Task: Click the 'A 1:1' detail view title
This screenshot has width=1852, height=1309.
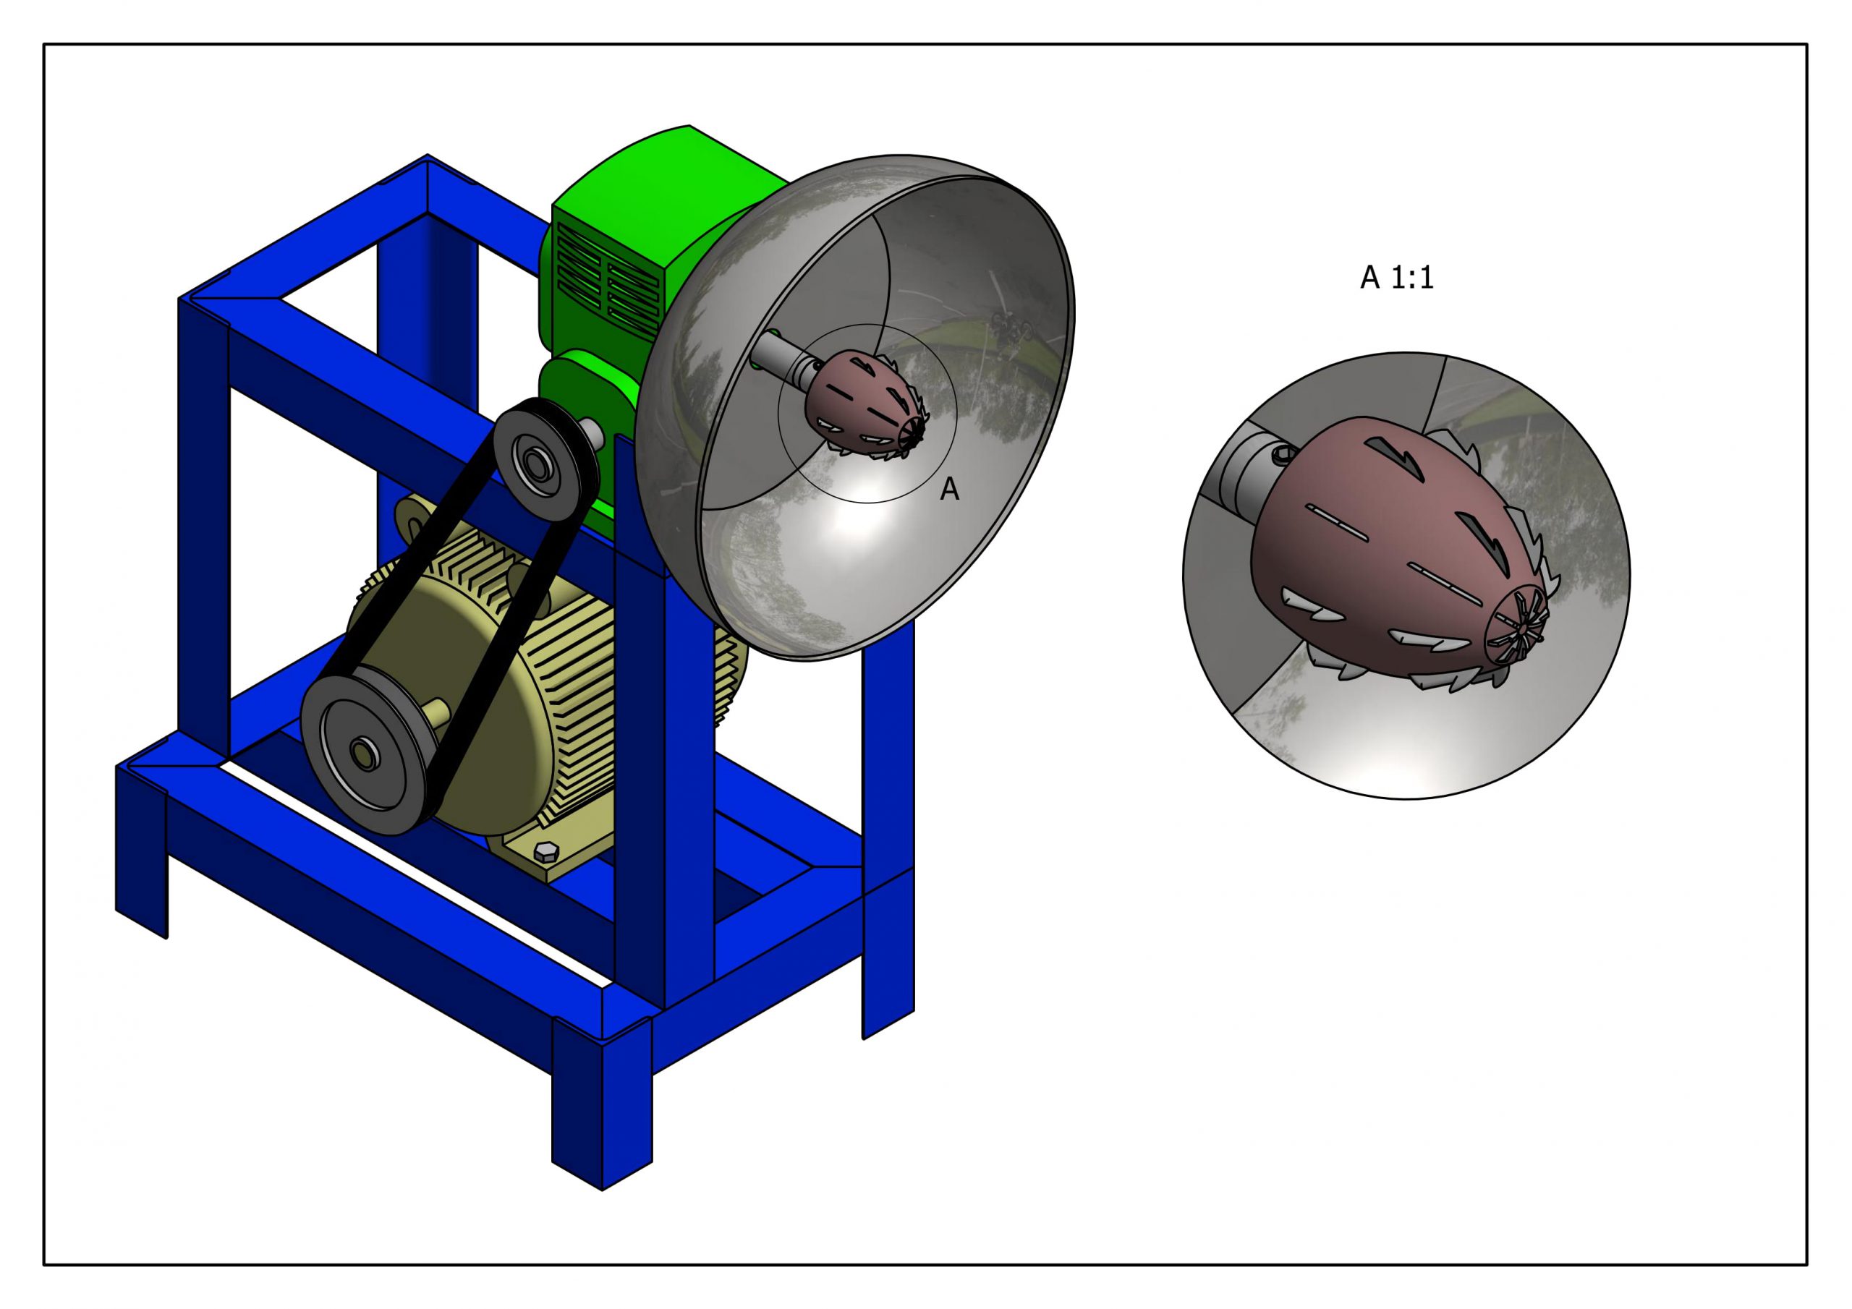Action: coord(1396,278)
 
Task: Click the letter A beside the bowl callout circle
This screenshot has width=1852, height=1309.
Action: coord(949,490)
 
